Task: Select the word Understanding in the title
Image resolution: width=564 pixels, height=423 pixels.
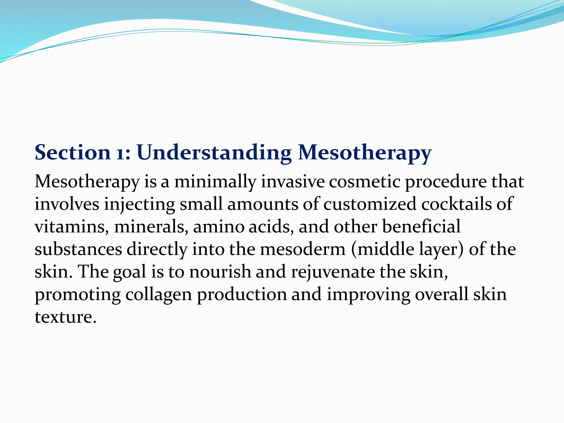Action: tap(214, 153)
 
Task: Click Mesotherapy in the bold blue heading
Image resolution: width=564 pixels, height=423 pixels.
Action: tap(365, 153)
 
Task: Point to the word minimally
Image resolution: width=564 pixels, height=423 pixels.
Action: tap(215, 182)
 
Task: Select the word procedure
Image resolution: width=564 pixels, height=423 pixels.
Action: tap(446, 182)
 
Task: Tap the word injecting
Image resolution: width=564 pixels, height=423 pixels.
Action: tap(139, 205)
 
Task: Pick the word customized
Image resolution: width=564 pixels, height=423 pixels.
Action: tap(370, 204)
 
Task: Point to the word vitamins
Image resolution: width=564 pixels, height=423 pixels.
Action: tap(72, 227)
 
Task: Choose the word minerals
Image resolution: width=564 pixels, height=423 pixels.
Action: tap(151, 227)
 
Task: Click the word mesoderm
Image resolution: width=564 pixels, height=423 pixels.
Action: tap(303, 250)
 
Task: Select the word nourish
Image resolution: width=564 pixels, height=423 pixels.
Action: tap(220, 272)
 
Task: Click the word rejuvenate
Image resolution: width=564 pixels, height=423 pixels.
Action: tap(333, 272)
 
